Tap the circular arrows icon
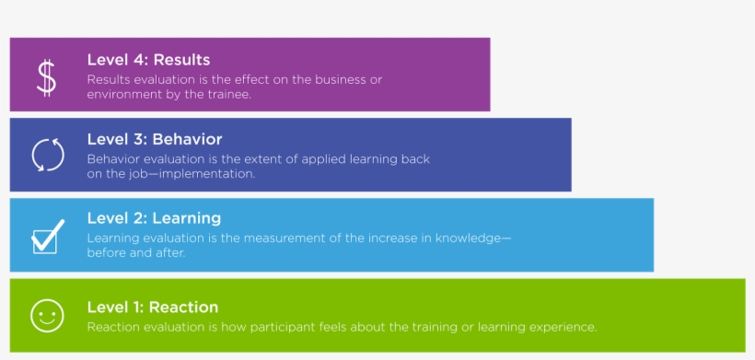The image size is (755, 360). tap(48, 154)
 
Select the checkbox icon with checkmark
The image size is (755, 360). tap(47, 236)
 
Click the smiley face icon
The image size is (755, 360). tap(45, 315)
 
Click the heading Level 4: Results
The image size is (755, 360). tap(148, 60)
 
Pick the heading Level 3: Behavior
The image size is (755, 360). tap(155, 139)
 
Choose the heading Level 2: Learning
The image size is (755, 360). tap(154, 218)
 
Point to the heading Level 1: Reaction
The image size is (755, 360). tap(152, 307)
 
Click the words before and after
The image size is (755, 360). tap(136, 252)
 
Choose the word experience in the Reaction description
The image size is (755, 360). tap(564, 327)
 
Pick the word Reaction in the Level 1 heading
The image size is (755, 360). tap(183, 307)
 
